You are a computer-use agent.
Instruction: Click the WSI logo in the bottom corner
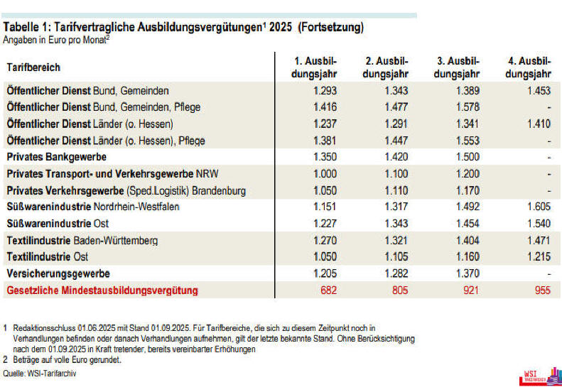click(540, 377)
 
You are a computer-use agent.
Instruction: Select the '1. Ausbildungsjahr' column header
click(314, 67)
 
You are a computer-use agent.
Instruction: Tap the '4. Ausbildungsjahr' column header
click(529, 67)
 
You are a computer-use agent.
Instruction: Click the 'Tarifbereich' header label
click(33, 67)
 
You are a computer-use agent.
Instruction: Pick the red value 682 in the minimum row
click(329, 290)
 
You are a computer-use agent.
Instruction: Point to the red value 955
click(542, 290)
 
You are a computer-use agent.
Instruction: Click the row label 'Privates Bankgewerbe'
click(57, 158)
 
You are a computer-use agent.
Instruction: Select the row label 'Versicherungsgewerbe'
click(58, 273)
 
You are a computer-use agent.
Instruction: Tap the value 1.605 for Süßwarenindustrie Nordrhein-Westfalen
click(539, 207)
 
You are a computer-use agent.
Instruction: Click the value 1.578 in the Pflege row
click(468, 107)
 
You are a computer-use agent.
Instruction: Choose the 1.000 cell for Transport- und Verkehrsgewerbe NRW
click(325, 174)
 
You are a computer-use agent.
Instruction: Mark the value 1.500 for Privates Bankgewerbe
click(468, 158)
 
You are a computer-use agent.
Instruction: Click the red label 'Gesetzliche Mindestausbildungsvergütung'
click(102, 290)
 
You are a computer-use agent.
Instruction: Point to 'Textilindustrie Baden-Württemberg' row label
click(82, 241)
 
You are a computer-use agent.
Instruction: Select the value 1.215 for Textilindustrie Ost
click(539, 257)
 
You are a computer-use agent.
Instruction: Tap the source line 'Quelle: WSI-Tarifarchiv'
click(40, 374)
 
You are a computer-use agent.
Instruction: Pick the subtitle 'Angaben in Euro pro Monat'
click(56, 40)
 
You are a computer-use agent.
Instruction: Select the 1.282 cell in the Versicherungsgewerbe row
click(396, 273)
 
